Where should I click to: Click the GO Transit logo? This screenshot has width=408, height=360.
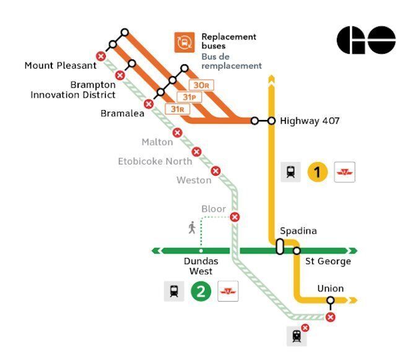366,41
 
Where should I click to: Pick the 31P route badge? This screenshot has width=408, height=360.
189,98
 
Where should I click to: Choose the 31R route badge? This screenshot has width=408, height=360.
176,109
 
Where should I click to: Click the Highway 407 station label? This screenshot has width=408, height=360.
309,121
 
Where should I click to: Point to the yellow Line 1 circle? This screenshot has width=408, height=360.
318,172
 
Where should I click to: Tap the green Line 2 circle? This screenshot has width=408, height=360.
201,291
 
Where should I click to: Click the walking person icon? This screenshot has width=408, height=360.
192,228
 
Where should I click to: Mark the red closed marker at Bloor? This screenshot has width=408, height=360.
235,216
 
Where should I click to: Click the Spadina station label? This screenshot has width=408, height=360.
298,231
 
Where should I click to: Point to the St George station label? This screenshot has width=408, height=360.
328,262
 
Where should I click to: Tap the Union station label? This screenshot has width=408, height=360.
330,289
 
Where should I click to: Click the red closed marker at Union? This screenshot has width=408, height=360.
331,317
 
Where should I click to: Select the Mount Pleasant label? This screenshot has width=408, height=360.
61,65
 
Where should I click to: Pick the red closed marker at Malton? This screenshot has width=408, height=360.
177,132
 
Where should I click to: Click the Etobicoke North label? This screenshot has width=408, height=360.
155,161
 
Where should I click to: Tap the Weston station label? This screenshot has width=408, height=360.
194,180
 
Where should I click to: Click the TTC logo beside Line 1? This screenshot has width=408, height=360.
344,172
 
